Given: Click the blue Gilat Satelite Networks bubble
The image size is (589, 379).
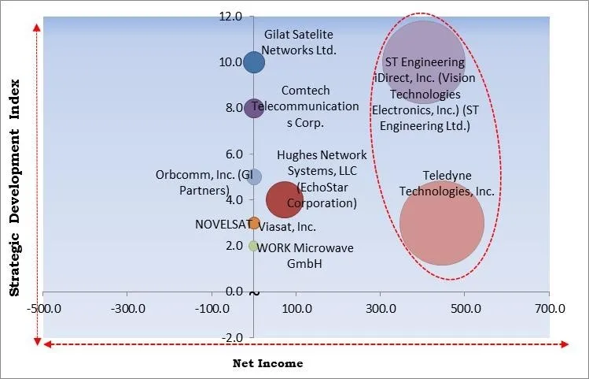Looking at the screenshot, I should [253, 61].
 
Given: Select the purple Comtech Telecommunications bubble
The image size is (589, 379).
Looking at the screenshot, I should [253, 108].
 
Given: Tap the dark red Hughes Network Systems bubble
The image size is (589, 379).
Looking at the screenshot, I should [285, 199].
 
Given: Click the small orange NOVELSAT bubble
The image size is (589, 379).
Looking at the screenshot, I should [253, 223].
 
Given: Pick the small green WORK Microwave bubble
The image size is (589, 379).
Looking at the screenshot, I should [253, 246].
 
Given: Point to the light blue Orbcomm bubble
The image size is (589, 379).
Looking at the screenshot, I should [253, 176].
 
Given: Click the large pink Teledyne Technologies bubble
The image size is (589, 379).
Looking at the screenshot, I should [442, 224].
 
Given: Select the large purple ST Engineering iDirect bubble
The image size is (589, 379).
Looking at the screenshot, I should [422, 63].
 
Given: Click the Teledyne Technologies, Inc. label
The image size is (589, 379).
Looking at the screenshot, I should [447, 184].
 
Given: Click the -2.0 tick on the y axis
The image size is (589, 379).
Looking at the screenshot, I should [231, 337].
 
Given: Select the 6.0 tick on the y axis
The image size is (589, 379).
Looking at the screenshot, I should [233, 154].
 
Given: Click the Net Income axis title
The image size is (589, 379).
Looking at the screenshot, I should [267, 363].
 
